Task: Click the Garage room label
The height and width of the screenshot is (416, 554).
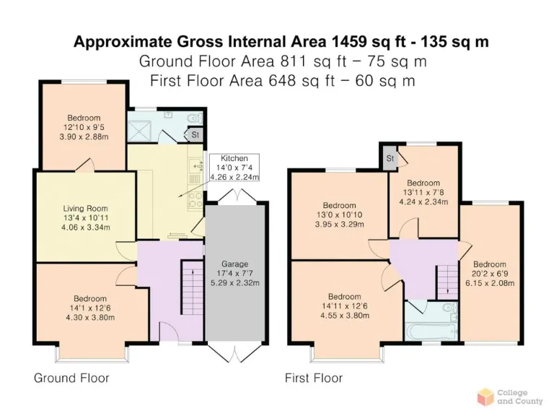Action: pos(235,274)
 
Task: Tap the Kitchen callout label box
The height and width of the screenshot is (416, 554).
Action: pos(234,168)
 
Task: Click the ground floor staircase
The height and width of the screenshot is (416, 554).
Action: pos(193,288)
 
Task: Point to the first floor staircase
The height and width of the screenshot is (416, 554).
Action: pos(448,282)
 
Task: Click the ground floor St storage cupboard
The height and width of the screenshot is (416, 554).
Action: pos(195,134)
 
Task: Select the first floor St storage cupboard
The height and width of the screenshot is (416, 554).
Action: pos(390,158)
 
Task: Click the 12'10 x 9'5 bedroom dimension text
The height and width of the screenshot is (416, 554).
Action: pos(84,127)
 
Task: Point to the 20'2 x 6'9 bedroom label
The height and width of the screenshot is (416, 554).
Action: pos(490,274)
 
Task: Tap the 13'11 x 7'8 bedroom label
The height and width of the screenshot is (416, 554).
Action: pos(423,192)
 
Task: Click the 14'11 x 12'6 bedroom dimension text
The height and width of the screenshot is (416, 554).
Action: pos(345,306)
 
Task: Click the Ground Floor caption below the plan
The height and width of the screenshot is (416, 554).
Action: pos(71,378)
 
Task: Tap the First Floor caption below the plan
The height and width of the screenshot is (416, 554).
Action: pos(314,378)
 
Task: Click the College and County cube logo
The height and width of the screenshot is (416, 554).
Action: pos(485,397)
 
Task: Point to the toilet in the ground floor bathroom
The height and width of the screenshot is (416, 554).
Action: pos(195,118)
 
